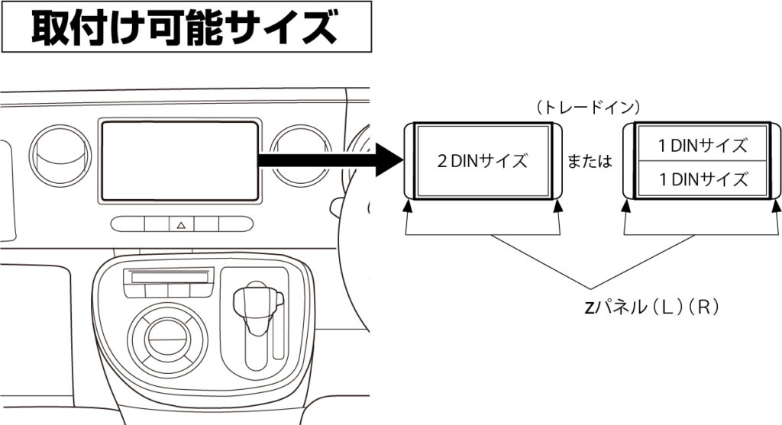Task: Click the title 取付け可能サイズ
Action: pos(186,27)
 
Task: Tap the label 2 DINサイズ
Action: pos(481,162)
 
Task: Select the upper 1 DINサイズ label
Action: pos(702,144)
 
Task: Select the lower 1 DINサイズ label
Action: pos(702,180)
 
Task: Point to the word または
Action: pos(592,163)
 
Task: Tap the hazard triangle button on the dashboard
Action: pos(181,224)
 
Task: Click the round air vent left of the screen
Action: pos(60,156)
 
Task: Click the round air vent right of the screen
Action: pos(301,156)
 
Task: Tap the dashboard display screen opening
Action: pos(180,160)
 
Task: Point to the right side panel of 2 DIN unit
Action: pos(556,161)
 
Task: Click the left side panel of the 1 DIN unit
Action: pos(629,161)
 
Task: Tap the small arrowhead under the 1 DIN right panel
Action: pos(774,205)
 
